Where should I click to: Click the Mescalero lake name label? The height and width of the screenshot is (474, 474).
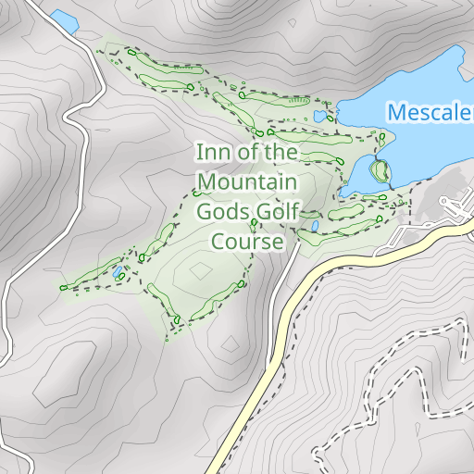tap(430, 113)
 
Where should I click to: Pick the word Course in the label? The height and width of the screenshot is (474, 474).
tap(246, 242)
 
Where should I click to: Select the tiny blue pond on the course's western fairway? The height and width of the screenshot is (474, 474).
tap(118, 273)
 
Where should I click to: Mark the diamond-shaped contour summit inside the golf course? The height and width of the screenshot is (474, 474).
tap(200, 270)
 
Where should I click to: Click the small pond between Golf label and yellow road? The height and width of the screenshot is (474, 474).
tap(316, 225)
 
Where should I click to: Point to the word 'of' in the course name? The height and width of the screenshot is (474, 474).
tap(245, 151)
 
